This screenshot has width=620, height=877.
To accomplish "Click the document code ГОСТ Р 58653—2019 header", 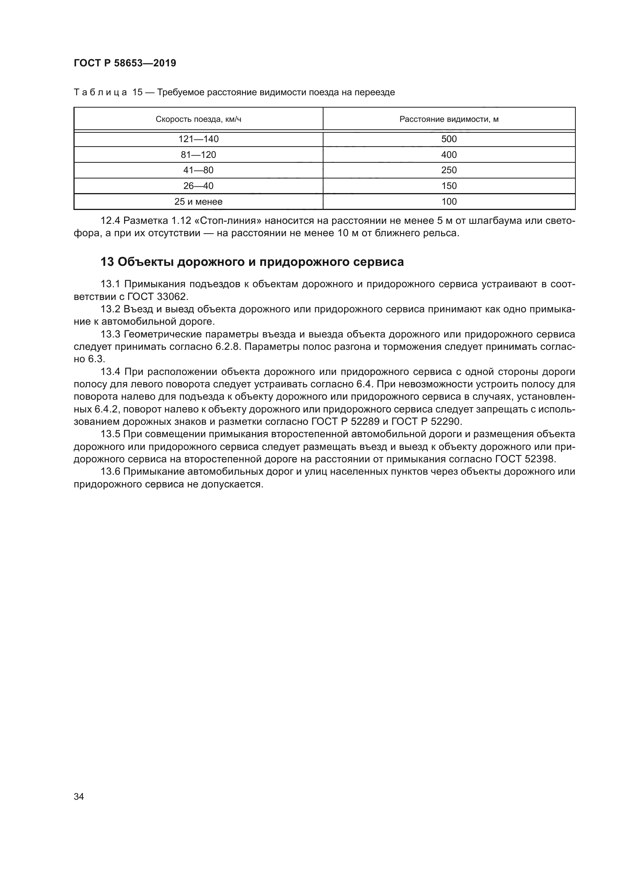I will pyautogui.click(x=125, y=63).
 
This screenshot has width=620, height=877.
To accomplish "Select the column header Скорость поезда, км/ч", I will pyautogui.click(x=198, y=119).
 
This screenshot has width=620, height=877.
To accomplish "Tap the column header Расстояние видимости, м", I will pyautogui.click(x=449, y=119).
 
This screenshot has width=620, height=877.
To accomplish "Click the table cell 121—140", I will pyautogui.click(x=198, y=139).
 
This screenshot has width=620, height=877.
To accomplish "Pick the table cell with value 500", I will pyautogui.click(x=449, y=139).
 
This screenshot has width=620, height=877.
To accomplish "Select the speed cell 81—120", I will pyautogui.click(x=198, y=155).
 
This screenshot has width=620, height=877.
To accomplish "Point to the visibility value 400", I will pyautogui.click(x=449, y=155).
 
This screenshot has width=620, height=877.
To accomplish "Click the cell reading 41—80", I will pyautogui.click(x=198, y=170).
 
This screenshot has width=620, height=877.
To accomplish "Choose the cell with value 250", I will pyautogui.click(x=449, y=170).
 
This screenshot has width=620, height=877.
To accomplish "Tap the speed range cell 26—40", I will pyautogui.click(x=198, y=186).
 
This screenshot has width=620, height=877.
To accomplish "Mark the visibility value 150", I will pyautogui.click(x=449, y=186).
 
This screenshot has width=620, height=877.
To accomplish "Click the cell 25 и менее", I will pyautogui.click(x=198, y=202).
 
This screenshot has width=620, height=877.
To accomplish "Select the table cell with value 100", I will pyautogui.click(x=449, y=202).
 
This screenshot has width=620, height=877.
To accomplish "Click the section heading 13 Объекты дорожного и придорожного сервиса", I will pyautogui.click(x=252, y=262).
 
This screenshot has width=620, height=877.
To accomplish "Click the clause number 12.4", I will pyautogui.click(x=110, y=221).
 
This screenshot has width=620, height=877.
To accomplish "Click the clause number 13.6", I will pyautogui.click(x=110, y=472).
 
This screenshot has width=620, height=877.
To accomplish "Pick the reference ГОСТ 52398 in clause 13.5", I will pyautogui.click(x=525, y=459).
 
